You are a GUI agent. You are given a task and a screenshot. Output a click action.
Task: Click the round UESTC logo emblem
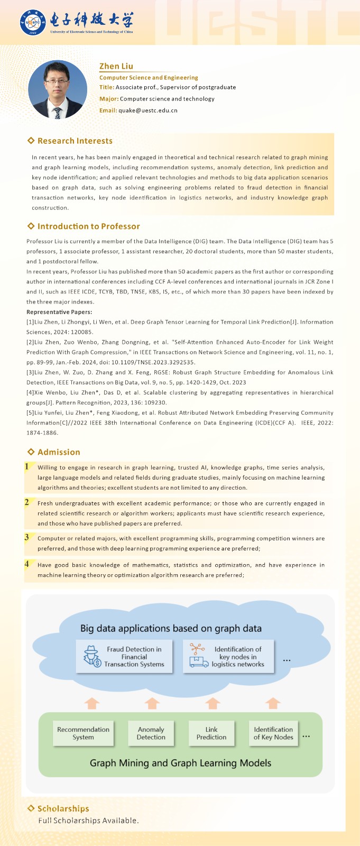[x=33, y=23]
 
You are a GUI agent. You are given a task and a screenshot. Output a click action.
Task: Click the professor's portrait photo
[x=58, y=89]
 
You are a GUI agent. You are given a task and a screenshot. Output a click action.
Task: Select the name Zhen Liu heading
[x=116, y=66]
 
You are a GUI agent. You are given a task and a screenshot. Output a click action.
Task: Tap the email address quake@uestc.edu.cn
[x=148, y=111]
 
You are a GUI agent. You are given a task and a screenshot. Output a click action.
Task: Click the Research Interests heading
[x=75, y=141]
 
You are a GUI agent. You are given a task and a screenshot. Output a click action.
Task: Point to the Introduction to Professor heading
[x=88, y=226]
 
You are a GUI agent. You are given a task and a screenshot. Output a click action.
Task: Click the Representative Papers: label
[x=59, y=312]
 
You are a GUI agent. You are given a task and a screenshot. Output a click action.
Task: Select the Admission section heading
[x=59, y=452]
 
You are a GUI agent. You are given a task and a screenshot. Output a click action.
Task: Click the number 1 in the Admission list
[x=26, y=466]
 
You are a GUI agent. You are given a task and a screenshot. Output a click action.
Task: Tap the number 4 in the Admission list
[x=26, y=564]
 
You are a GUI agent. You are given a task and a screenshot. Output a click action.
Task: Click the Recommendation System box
[x=83, y=733]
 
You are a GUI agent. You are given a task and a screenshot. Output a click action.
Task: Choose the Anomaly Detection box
[x=151, y=733]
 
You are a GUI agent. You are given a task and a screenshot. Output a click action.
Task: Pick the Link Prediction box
[x=211, y=733]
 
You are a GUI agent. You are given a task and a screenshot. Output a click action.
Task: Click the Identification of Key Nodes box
[x=273, y=733]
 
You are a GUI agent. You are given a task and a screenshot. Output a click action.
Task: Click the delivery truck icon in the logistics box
[x=198, y=661]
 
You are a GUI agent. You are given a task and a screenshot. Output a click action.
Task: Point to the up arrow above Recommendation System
[x=92, y=703]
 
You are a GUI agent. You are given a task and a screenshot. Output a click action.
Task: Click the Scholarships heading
[x=63, y=808]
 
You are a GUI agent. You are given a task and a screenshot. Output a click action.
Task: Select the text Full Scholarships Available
[x=88, y=821]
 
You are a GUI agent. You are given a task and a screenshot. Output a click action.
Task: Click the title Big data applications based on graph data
[x=171, y=629]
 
